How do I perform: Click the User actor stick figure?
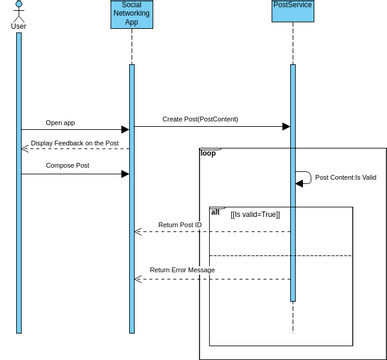click(18, 9)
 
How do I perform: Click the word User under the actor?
click(18, 26)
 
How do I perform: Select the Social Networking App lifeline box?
click(130, 15)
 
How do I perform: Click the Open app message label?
click(60, 122)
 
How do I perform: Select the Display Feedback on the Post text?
click(74, 143)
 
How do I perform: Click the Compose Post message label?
click(69, 166)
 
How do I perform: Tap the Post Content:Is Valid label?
click(345, 177)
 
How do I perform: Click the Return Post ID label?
click(180, 225)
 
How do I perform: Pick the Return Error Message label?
click(182, 270)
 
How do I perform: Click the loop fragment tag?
click(208, 153)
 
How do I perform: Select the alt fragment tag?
click(216, 212)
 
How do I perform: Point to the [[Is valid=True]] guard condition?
click(255, 214)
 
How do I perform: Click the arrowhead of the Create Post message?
click(285, 127)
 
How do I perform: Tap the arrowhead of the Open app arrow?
click(125, 129)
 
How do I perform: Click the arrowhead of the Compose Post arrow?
click(125, 174)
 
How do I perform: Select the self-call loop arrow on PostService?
click(303, 177)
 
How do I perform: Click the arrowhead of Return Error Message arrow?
click(138, 279)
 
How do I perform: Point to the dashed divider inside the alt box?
click(280, 255)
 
